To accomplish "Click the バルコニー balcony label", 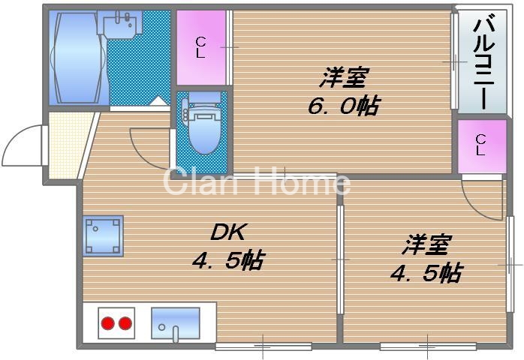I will (x=480, y=61).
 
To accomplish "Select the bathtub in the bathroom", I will (x=77, y=58).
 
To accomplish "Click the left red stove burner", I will (x=107, y=323).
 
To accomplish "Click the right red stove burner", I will (x=125, y=323).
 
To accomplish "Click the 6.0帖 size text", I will (x=342, y=106).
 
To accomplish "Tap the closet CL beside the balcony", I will (x=480, y=144).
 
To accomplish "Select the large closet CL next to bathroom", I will (x=201, y=46).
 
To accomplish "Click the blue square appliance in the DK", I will (x=103, y=235).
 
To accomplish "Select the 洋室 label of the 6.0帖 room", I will (x=345, y=77).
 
